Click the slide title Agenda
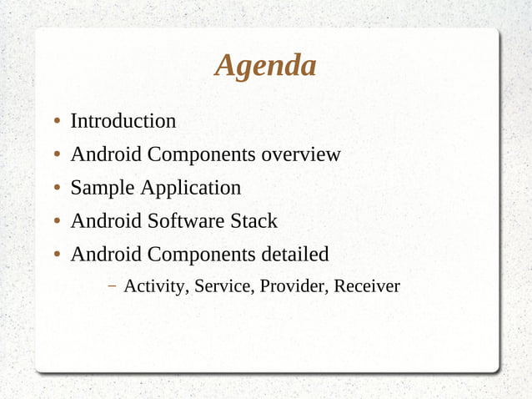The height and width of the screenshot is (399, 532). coord(265,65)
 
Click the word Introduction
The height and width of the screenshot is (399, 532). coord(123,121)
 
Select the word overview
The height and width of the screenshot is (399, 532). coord(301,154)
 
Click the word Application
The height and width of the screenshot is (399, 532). coord(190,189)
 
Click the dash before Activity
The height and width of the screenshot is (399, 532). coord(112,286)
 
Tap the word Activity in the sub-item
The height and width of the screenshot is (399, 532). coord(156,287)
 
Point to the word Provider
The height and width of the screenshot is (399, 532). coord(294,287)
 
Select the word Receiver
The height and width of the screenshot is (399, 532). coord(367,287)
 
